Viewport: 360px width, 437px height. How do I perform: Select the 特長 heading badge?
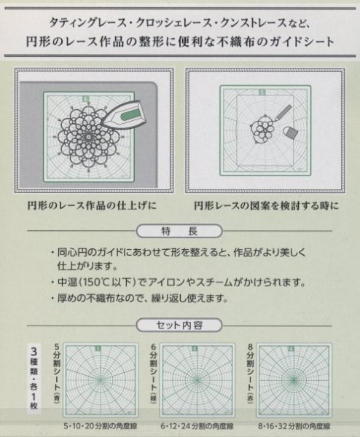(179, 231)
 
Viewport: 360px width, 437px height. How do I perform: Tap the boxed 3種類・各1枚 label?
(32, 378)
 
